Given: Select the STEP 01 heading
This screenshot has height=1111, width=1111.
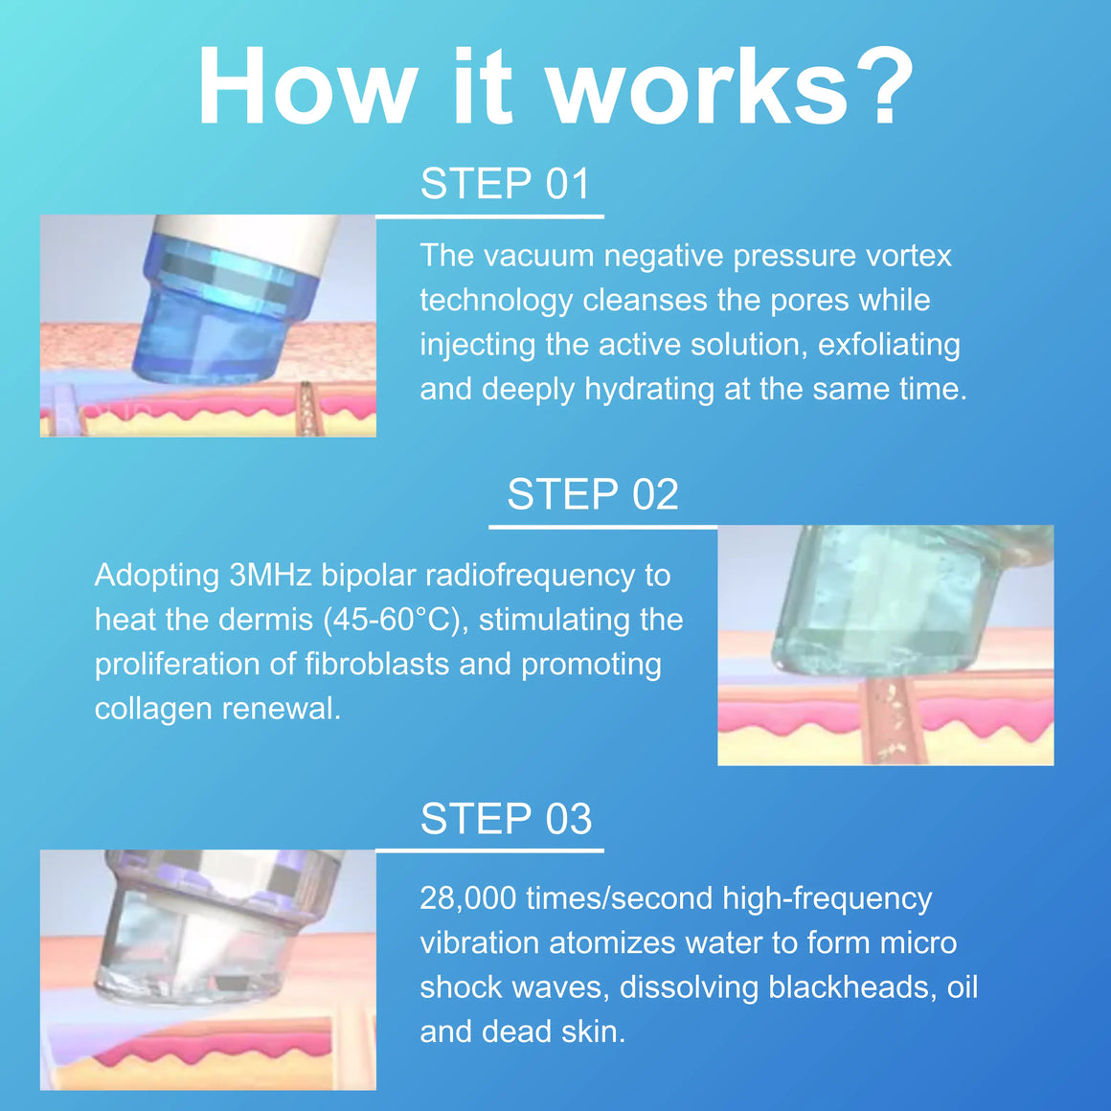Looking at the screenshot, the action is tap(505, 184).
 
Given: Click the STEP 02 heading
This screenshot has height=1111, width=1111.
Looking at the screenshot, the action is tap(593, 494).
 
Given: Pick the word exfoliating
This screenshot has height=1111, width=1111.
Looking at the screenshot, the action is tap(889, 345).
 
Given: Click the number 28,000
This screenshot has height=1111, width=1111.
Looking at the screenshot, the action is tap(468, 898).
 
